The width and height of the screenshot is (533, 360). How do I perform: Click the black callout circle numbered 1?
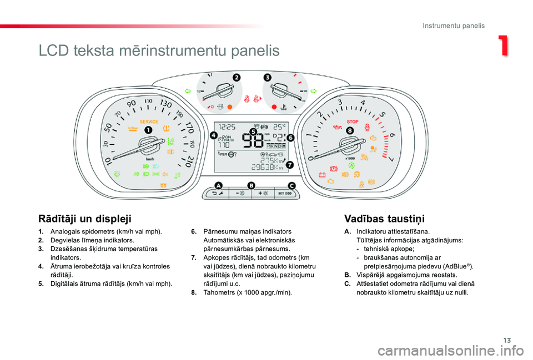[148, 130]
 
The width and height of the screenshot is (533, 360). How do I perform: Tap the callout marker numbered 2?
[237, 78]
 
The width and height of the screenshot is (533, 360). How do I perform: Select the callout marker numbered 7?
[289, 165]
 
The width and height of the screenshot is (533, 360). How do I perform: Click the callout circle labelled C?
[291, 185]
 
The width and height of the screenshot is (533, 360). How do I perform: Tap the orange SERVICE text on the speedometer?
[149, 121]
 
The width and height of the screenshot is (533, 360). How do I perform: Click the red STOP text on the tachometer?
[353, 121]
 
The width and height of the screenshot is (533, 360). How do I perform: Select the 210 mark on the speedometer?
[187, 161]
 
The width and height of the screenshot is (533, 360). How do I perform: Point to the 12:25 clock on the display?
[227, 127]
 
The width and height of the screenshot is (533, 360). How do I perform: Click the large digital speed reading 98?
[253, 140]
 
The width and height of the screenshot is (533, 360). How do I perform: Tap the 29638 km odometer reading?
[267, 167]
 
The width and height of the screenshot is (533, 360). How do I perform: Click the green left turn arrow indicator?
[188, 91]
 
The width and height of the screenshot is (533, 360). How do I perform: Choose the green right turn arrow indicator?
[313, 91]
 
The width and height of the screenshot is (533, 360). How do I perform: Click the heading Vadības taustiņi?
[384, 219]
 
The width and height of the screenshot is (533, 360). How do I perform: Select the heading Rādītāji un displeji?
[85, 219]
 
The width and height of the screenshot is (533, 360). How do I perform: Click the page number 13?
[507, 340]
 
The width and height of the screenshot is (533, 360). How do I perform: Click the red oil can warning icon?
[337, 128]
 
